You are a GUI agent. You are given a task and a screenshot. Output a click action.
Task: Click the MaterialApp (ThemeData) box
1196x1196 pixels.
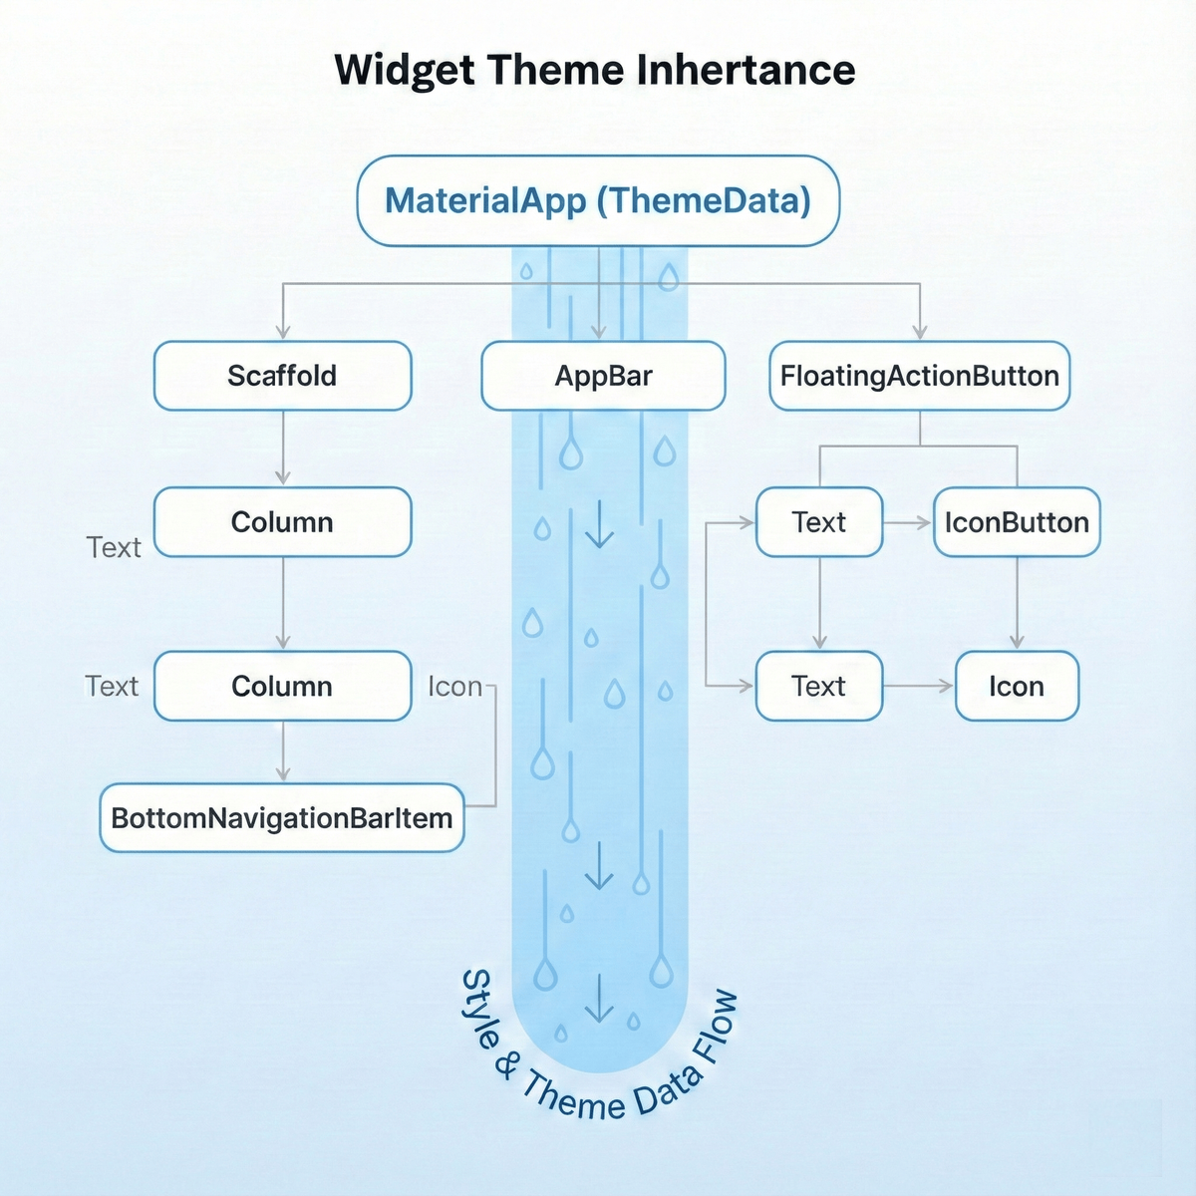point(598,200)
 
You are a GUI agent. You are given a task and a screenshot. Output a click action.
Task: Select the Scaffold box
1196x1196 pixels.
point(282,376)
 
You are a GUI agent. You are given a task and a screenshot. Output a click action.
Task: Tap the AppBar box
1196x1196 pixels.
point(603,376)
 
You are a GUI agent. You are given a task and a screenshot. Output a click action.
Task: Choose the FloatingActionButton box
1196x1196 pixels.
point(919,376)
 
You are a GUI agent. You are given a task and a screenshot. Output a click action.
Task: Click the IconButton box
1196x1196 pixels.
point(1017,522)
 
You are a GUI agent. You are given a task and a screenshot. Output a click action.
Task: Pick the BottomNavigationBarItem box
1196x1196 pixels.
point(282,818)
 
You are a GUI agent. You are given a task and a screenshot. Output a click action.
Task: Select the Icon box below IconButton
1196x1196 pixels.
point(1017,686)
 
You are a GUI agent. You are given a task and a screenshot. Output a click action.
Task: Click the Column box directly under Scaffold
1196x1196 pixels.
point(282,522)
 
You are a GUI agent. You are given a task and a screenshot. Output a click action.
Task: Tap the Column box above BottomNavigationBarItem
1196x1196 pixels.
point(282,686)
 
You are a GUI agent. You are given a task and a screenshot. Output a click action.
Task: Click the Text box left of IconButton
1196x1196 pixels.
point(819,522)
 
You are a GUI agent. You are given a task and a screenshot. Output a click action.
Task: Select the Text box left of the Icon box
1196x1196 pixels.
point(819,686)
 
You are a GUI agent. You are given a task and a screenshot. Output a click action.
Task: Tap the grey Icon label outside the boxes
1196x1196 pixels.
point(454,687)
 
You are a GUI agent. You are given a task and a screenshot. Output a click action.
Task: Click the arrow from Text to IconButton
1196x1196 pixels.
point(908,522)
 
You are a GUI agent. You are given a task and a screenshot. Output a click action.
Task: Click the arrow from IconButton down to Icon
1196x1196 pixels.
point(1017,603)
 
